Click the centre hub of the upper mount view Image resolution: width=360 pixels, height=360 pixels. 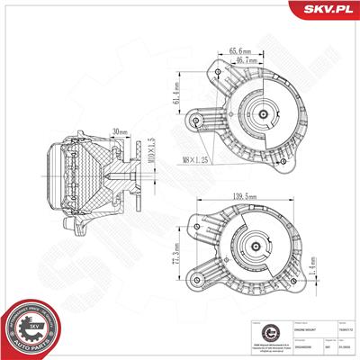[x=264, y=118]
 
